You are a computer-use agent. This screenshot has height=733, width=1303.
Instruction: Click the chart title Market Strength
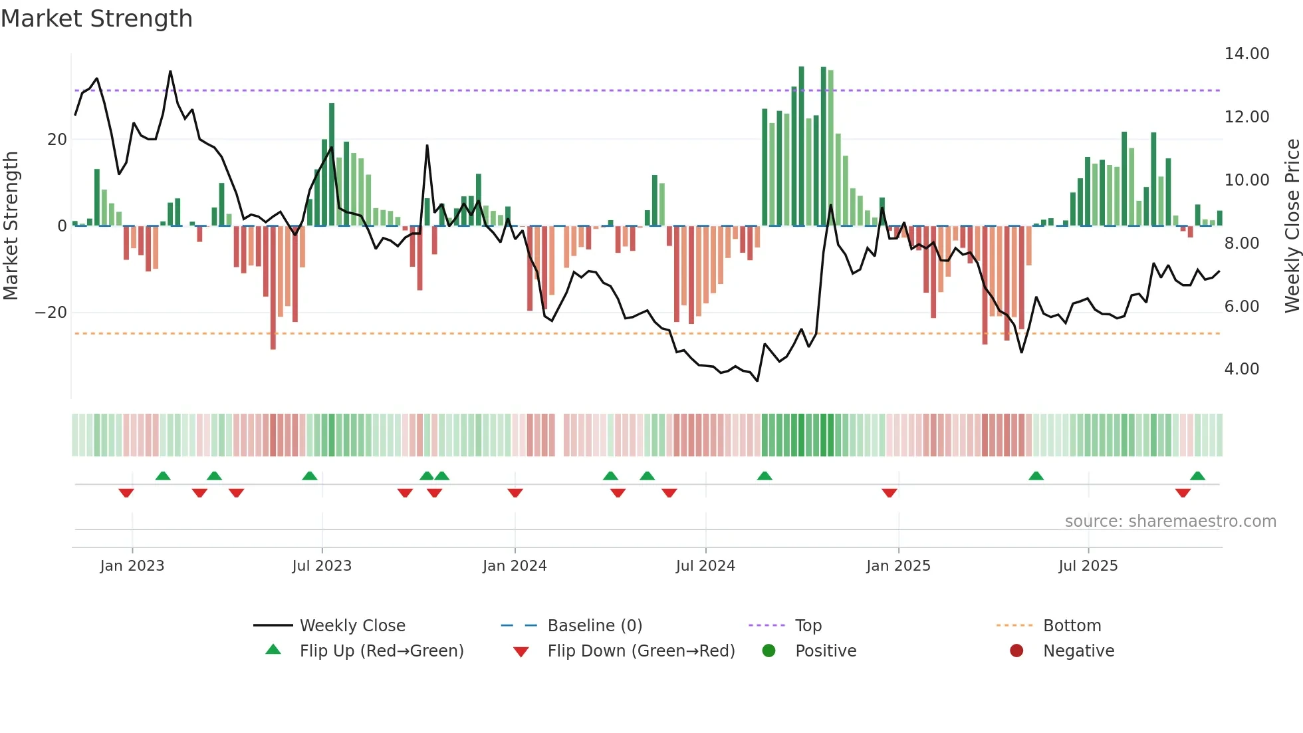[96, 19]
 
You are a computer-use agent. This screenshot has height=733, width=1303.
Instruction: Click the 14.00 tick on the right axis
[1246, 54]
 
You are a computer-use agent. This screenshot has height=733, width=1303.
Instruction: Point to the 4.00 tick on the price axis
[1241, 369]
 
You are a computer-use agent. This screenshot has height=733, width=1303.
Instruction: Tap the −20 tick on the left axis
[51, 313]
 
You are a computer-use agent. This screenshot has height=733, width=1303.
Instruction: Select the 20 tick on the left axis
[57, 140]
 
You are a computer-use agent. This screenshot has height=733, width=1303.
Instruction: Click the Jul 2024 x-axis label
[705, 566]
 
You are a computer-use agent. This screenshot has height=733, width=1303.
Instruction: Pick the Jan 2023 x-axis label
[132, 566]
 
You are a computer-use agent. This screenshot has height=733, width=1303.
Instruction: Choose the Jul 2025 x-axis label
[1088, 566]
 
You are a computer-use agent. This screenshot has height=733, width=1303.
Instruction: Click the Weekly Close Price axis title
[1292, 226]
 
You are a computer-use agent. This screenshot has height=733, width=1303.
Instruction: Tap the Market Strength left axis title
[11, 226]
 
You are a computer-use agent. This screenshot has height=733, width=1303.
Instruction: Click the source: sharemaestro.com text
[1170, 521]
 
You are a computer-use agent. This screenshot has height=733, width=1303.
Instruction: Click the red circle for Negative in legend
[1016, 651]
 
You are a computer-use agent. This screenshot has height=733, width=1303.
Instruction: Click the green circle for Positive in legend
[769, 651]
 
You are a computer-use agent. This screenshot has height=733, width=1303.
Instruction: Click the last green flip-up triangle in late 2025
[1197, 476]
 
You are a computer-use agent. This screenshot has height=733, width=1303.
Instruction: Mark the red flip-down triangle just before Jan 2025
[889, 493]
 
